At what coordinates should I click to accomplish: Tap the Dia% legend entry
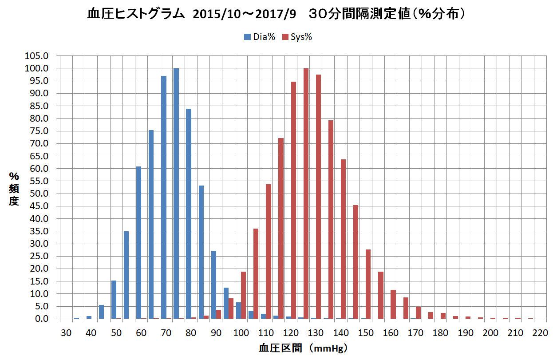[260, 37]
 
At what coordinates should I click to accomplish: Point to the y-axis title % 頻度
[14, 189]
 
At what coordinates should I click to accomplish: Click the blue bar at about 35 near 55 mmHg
[126, 275]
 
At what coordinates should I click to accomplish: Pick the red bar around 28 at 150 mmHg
[368, 284]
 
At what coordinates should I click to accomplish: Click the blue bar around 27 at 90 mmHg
[213, 285]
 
